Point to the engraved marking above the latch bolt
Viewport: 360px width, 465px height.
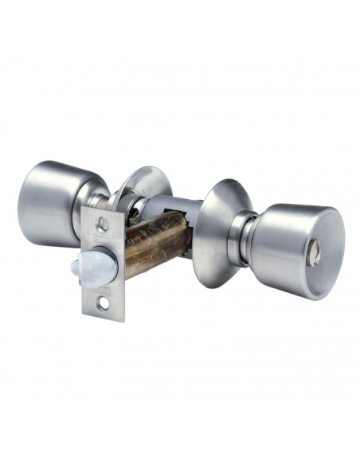102,239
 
